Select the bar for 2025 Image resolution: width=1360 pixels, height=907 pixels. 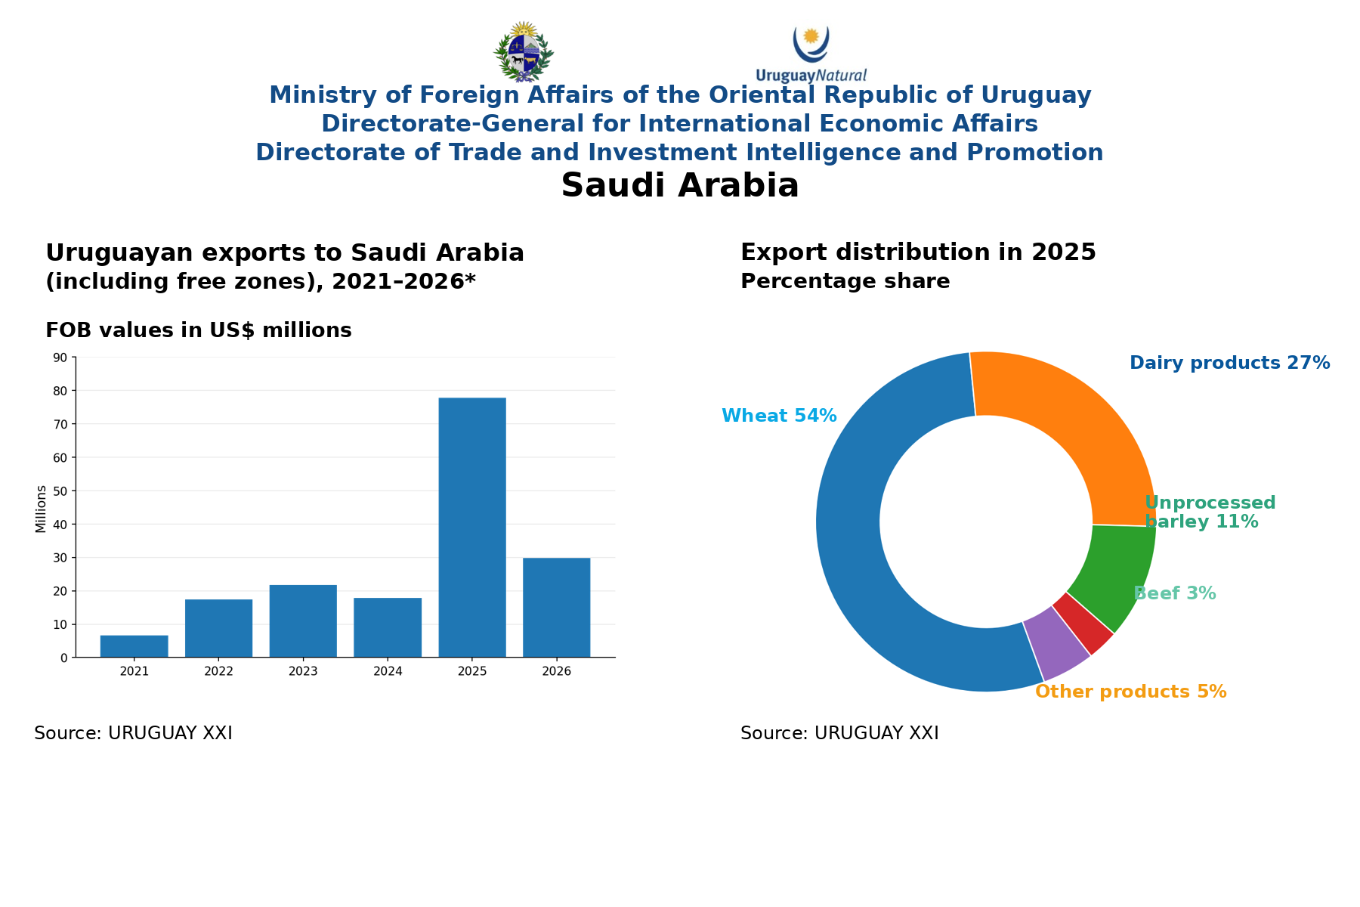point(472,527)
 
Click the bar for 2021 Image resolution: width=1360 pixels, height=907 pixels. point(134,646)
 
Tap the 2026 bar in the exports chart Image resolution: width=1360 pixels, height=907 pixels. point(557,608)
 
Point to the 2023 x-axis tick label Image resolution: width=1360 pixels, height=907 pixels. point(303,671)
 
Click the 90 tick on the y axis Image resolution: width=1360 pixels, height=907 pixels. point(60,358)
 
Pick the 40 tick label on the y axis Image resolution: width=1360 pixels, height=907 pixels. point(60,525)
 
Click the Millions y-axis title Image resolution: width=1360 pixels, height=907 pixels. point(41,509)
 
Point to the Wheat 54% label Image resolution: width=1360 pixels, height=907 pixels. point(779,416)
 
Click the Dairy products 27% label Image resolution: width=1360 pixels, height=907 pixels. point(1229,363)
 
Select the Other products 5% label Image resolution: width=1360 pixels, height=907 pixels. point(1130,692)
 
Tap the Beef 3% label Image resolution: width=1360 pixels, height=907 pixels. point(1175,593)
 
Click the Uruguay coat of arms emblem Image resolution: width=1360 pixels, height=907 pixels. point(524,51)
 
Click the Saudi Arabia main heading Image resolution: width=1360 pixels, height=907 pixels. point(680,185)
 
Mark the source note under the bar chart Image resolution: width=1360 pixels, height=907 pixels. point(133,733)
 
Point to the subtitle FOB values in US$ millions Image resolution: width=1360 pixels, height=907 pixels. point(199,330)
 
